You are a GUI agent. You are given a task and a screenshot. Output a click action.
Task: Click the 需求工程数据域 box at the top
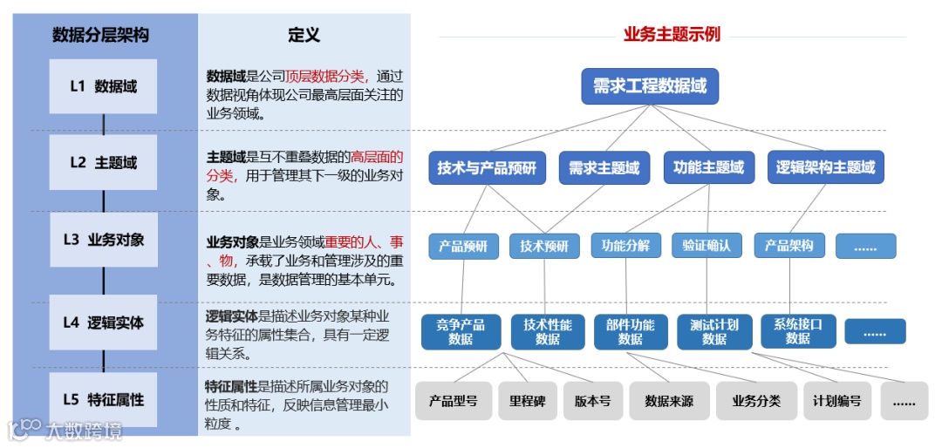coord(650,86)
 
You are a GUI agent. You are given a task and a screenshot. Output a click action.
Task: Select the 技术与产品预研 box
coord(487,168)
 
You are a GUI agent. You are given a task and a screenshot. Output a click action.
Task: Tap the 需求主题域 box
coord(604,168)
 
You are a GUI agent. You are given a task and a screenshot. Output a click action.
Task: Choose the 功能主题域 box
coord(708,168)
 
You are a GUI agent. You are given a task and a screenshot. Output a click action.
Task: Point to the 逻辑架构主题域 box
coord(825,168)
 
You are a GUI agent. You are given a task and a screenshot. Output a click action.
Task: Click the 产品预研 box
coord(463,247)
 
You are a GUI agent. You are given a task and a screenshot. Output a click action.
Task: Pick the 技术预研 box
coord(544,247)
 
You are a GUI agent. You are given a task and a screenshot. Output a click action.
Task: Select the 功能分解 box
coord(625,246)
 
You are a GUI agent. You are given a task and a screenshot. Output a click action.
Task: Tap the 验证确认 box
coord(706,246)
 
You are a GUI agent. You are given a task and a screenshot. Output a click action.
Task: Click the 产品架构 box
coord(788,246)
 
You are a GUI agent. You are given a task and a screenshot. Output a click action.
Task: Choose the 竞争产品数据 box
coord(461,331)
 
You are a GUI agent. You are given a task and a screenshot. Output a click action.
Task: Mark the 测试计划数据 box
coord(713,331)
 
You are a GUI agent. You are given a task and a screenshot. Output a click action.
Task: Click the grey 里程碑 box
coord(528,402)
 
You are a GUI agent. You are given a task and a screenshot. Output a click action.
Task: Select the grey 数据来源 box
coord(669,402)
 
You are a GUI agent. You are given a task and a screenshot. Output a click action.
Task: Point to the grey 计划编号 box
coord(836,402)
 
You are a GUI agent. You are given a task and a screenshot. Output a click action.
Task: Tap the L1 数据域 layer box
coord(103,86)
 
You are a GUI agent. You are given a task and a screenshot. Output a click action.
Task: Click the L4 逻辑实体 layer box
coord(103,322)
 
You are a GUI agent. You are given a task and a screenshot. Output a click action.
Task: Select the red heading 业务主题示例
coord(672,35)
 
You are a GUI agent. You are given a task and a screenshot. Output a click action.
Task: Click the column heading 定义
coord(304,35)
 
